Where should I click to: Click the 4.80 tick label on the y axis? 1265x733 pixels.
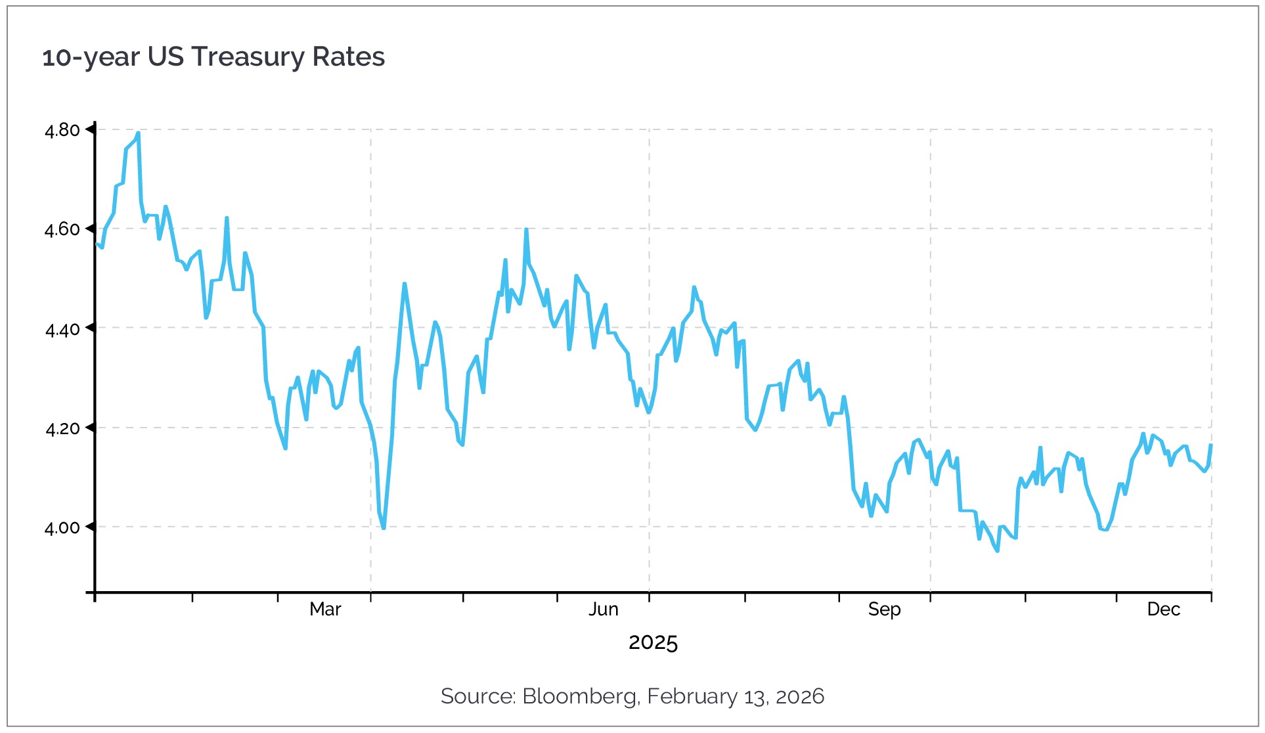pos(62,130)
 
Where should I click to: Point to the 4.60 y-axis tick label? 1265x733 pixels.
pos(62,229)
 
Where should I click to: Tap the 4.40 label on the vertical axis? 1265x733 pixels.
pos(62,329)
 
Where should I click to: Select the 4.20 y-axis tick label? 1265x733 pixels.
pos(62,429)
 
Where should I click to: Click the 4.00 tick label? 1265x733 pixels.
pos(62,527)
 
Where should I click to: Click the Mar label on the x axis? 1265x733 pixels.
pos(325,610)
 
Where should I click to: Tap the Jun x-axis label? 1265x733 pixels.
pos(603,610)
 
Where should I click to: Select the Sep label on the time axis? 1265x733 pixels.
pos(884,610)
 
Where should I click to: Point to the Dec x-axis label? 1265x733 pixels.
pos(1163,610)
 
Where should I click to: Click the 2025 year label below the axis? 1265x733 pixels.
pos(653,642)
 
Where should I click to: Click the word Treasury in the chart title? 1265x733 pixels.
pos(248,57)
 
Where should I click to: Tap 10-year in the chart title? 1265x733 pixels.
pos(91,57)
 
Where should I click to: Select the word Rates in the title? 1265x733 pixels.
pos(348,57)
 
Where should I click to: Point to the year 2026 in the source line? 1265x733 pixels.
pos(800,696)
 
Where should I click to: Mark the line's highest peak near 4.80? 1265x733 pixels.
pos(138,133)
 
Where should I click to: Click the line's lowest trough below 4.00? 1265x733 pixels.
pos(998,550)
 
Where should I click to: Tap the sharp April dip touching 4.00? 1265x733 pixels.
pos(384,527)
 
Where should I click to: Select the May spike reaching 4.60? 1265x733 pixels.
pos(526,230)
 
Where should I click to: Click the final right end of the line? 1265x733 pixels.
pos(1210,445)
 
